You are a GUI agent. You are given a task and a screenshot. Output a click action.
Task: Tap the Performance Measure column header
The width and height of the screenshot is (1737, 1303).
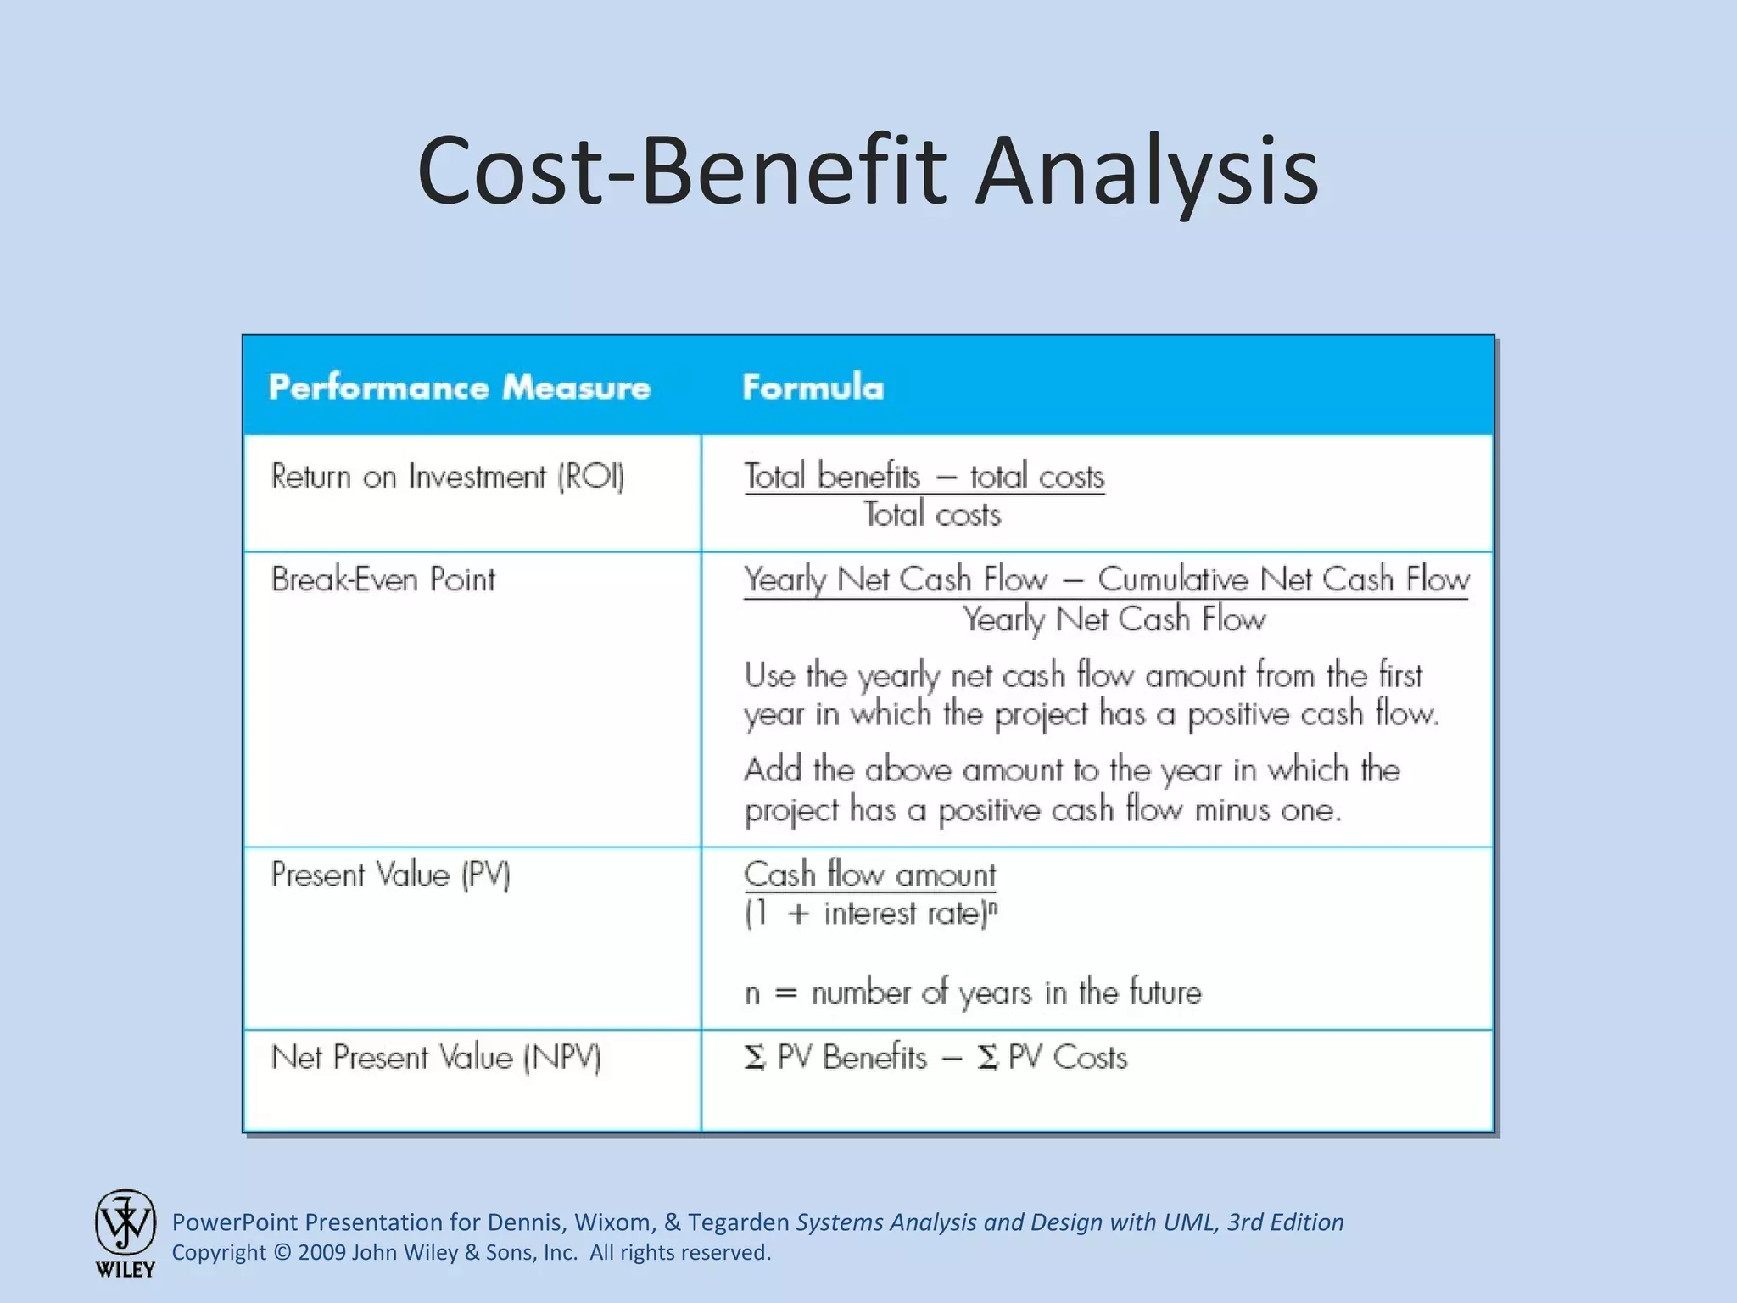pos(459,388)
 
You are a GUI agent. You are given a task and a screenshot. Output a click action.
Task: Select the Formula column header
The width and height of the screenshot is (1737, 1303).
pos(813,388)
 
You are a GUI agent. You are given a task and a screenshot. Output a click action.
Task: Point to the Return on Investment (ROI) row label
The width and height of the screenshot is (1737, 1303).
pos(447,477)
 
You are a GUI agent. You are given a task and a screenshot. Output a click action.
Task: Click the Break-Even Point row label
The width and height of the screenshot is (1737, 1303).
pos(383,580)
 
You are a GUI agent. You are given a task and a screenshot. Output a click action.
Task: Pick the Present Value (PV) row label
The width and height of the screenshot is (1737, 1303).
pos(390,875)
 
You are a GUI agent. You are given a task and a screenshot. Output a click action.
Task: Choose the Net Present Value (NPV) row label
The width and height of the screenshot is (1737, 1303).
pos(436,1058)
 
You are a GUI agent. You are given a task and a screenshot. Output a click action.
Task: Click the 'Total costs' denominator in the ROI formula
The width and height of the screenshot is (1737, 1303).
pos(932,515)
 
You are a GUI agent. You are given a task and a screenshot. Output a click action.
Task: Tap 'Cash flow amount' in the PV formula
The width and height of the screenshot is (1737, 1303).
pos(869,875)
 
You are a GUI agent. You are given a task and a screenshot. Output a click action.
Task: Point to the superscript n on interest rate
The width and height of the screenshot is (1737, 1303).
pos(993,907)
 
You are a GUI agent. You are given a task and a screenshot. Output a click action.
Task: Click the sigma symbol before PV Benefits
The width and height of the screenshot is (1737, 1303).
pos(754,1058)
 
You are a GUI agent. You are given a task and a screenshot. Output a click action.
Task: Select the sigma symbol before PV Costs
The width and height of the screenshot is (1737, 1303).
pos(986,1058)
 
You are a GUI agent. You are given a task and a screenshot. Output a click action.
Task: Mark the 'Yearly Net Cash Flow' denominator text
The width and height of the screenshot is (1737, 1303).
pos(1114,619)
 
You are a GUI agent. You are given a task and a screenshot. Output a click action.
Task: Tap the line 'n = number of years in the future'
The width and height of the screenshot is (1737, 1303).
pos(972,993)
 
